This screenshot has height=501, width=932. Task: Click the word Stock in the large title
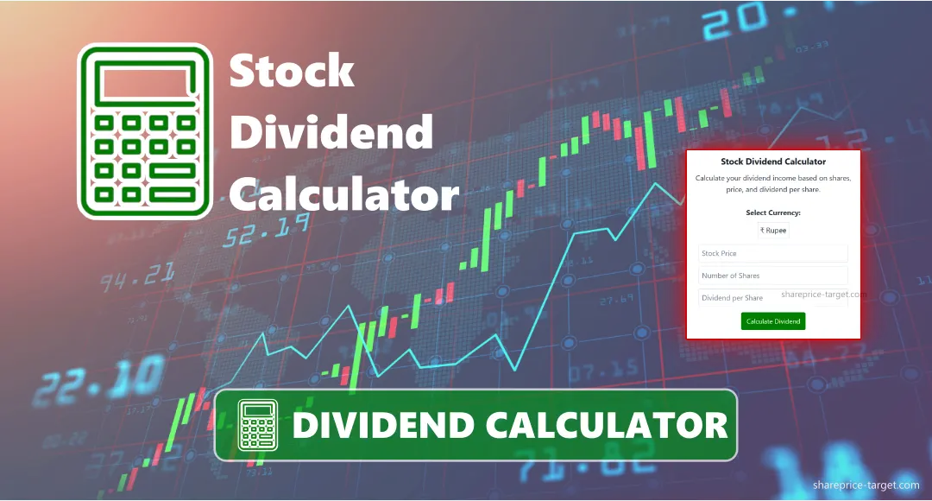(x=292, y=71)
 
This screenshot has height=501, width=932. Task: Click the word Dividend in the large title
(x=331, y=133)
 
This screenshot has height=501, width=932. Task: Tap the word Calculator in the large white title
(x=343, y=194)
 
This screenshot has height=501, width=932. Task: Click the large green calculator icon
(x=145, y=131)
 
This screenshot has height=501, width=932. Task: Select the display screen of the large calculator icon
(x=145, y=83)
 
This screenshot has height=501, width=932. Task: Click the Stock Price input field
(x=772, y=254)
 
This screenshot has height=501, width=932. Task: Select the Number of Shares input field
(x=772, y=276)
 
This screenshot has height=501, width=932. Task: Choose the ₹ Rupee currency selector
(x=773, y=231)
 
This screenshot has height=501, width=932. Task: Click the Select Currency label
(x=773, y=212)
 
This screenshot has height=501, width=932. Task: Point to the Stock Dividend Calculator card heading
(x=773, y=162)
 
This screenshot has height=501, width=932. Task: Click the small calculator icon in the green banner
(x=258, y=425)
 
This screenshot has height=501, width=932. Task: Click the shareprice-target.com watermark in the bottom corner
(x=866, y=486)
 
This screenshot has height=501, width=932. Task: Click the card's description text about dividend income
(x=773, y=183)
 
